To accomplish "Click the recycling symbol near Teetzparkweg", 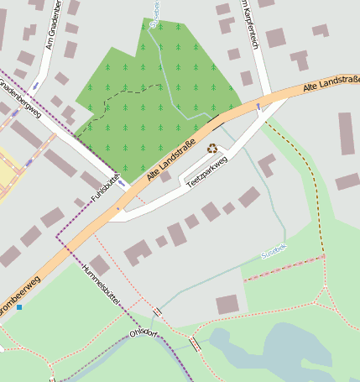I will [212, 148].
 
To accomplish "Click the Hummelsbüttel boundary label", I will [103, 284].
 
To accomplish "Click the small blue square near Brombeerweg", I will [19, 307].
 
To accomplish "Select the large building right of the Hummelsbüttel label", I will [138, 251].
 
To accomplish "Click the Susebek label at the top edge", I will [154, 13].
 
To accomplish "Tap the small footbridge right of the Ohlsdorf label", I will [195, 343].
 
